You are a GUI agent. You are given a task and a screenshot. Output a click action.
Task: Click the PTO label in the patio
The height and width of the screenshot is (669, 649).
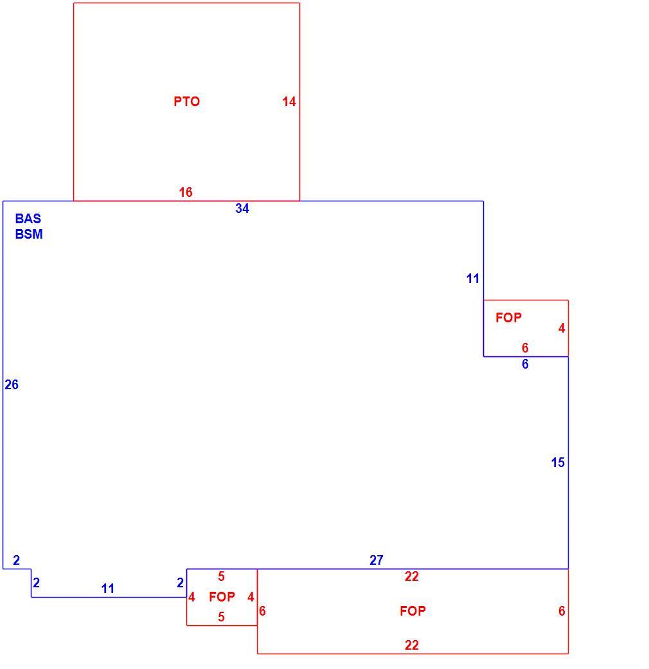[x=186, y=102]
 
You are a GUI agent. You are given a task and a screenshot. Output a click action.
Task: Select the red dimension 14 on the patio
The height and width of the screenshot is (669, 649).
[x=289, y=102]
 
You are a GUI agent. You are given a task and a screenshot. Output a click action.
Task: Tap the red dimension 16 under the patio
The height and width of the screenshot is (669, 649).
[x=185, y=192]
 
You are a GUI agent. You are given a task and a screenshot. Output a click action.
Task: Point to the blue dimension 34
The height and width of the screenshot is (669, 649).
[x=242, y=208]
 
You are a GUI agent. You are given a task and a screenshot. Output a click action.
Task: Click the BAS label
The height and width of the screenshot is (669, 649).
[x=28, y=219]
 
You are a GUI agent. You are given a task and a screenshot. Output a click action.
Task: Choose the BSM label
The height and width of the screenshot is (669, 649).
[x=29, y=234]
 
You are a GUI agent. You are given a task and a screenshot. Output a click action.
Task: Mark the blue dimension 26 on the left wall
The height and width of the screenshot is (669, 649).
[x=12, y=385]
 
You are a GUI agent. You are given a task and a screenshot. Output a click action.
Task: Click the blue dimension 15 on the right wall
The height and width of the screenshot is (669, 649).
[x=558, y=463]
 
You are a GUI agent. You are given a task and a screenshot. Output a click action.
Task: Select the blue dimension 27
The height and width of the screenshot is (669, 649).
[x=377, y=560]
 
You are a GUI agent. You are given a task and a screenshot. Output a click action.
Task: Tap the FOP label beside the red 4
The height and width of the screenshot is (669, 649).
[x=508, y=317]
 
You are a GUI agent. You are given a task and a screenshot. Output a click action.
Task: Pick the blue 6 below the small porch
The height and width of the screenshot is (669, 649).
[x=525, y=364]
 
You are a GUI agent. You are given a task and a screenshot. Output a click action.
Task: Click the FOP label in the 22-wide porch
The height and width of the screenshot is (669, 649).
[x=413, y=611]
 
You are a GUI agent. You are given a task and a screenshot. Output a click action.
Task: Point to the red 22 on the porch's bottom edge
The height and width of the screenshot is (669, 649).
[x=412, y=645]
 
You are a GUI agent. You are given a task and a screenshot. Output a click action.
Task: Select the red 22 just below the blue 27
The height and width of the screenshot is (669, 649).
[x=412, y=576]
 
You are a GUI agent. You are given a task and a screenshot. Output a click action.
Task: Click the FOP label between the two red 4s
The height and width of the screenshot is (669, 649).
[x=222, y=596]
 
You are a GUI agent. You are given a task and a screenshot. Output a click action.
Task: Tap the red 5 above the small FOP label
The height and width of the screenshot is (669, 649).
[x=221, y=576]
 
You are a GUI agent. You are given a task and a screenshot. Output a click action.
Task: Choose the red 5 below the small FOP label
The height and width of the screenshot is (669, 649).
[x=221, y=616]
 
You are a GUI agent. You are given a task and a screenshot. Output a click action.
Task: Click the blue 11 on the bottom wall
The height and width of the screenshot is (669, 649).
[x=108, y=589]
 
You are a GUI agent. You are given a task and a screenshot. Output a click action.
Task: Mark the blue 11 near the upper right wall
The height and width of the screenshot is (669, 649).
[x=472, y=279]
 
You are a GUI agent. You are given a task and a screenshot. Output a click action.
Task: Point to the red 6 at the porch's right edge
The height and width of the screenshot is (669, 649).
[x=562, y=611]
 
